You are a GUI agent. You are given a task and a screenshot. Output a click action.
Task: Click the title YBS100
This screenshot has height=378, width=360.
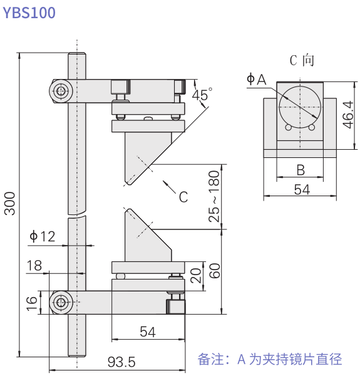click(29, 13)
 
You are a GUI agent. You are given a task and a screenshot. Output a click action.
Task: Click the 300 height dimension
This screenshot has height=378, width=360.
click(10, 202)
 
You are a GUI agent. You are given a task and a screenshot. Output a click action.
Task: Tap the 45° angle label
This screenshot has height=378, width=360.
click(202, 95)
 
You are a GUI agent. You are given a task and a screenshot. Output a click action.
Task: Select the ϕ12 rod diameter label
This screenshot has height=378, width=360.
click(42, 236)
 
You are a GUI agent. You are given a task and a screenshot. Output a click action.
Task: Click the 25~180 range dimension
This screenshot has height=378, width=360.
click(214, 196)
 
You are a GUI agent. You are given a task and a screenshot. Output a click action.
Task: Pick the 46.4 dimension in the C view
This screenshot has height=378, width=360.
click(347, 115)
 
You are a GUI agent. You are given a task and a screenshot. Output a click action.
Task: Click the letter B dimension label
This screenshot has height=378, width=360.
click(300, 169)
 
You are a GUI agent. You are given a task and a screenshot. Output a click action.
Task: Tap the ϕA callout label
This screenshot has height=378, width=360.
click(256, 79)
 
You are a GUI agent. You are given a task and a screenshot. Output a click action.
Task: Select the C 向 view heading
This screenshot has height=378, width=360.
click(301, 60)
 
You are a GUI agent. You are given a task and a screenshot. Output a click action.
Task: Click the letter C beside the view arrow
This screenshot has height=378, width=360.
click(183, 197)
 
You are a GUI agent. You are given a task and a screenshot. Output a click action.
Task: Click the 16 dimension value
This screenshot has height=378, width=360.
click(32, 303)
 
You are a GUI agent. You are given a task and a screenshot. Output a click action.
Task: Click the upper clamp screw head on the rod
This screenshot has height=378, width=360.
click(61, 92)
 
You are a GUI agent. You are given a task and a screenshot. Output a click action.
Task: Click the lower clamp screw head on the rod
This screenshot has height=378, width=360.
click(61, 303)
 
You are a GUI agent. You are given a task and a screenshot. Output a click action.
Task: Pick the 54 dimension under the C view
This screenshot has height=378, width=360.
click(302, 190)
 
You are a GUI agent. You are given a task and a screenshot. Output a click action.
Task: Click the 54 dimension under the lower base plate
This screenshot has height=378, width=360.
click(147, 332)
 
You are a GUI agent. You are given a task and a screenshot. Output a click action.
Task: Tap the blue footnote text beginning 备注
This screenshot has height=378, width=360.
click(270, 359)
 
